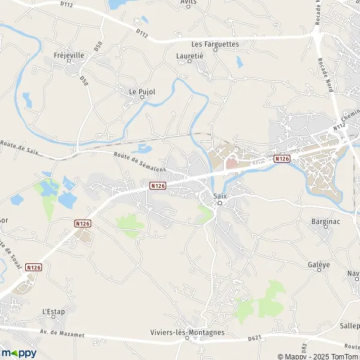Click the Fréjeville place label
click(x=69, y=55)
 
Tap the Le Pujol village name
click(x=142, y=91)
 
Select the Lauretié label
click(x=190, y=55)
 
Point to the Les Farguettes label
click(x=215, y=44)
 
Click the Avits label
click(x=188, y=2)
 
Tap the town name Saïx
click(x=220, y=196)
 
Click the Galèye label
click(x=319, y=265)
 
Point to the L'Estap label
click(x=53, y=312)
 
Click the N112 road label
click(x=340, y=129)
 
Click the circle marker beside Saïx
click(x=220, y=203)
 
